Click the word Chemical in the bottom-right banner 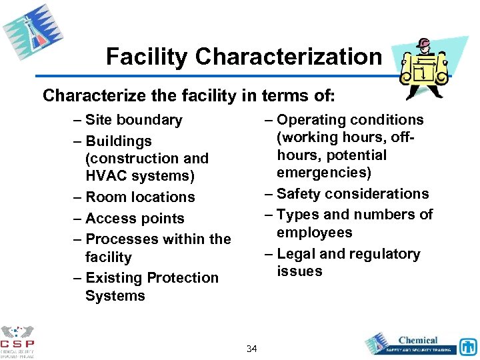[418, 340]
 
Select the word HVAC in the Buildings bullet [107, 176]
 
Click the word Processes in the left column [119, 239]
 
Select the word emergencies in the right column [325, 173]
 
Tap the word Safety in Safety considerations [297, 194]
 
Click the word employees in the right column [315, 233]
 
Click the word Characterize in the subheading [85, 95]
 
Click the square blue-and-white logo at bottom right [468, 347]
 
